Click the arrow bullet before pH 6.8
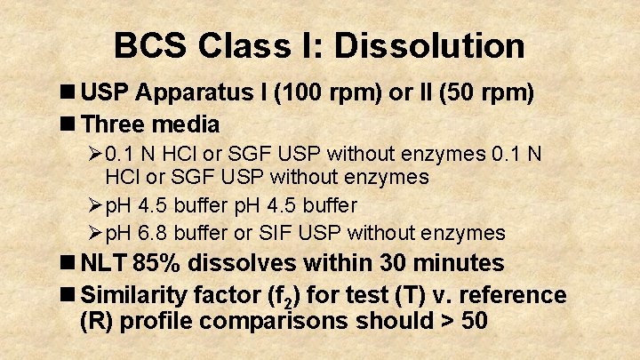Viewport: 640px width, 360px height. click(x=95, y=234)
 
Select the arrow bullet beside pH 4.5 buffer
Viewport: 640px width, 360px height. click(x=95, y=205)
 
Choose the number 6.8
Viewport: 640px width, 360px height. click(x=152, y=234)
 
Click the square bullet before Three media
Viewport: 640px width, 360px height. click(x=68, y=123)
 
